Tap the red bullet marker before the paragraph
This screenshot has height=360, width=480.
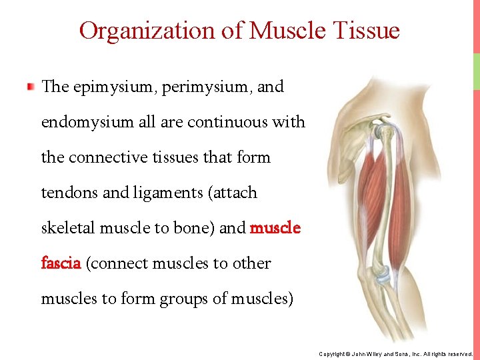tap(31, 87)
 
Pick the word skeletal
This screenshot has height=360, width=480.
tap(68, 228)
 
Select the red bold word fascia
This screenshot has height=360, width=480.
tap(61, 263)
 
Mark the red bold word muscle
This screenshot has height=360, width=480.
tap(275, 228)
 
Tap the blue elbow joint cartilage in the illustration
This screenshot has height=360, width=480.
tap(383, 274)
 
